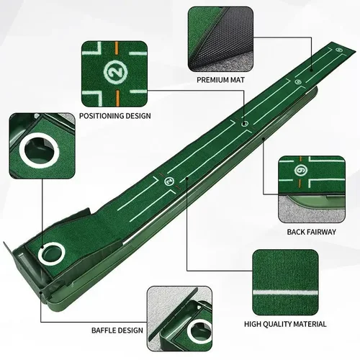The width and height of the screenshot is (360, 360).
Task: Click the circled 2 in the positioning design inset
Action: [114, 72]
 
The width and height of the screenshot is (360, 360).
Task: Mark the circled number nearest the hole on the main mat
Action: [170, 181]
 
